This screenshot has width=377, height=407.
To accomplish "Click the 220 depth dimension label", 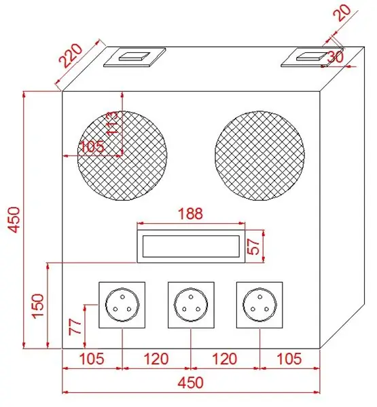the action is pos(71,56).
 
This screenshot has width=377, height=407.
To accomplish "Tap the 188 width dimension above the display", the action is pos(191,214).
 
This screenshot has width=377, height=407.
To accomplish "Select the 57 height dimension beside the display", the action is pos(253,246).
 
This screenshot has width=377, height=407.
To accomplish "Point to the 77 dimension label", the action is pos(75,327).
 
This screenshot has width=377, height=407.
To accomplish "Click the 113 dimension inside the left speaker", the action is pos(113,123).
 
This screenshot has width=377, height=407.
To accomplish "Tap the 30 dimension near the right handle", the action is pos(336,57).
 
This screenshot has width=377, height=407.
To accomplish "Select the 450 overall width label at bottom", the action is pos(191,383).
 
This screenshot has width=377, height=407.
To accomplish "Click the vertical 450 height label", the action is pos(14,219).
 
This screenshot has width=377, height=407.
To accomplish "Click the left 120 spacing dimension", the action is pos(156,358).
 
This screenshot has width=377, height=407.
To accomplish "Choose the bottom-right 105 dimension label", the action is pos(289,358).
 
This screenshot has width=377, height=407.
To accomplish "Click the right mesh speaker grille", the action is pos(259,156).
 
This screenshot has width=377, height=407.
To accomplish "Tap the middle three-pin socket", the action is pos(191,305).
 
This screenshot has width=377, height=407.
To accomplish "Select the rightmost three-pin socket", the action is pos(259,305).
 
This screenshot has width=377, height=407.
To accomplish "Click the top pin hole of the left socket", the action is pos(122,296).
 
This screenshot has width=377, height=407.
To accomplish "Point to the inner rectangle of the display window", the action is pos(191,246).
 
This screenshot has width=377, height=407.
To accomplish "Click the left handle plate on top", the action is pos(134,58).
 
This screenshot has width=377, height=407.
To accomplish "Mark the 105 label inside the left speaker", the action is pos(92,147).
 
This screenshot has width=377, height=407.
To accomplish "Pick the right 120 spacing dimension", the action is pos(225,358).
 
